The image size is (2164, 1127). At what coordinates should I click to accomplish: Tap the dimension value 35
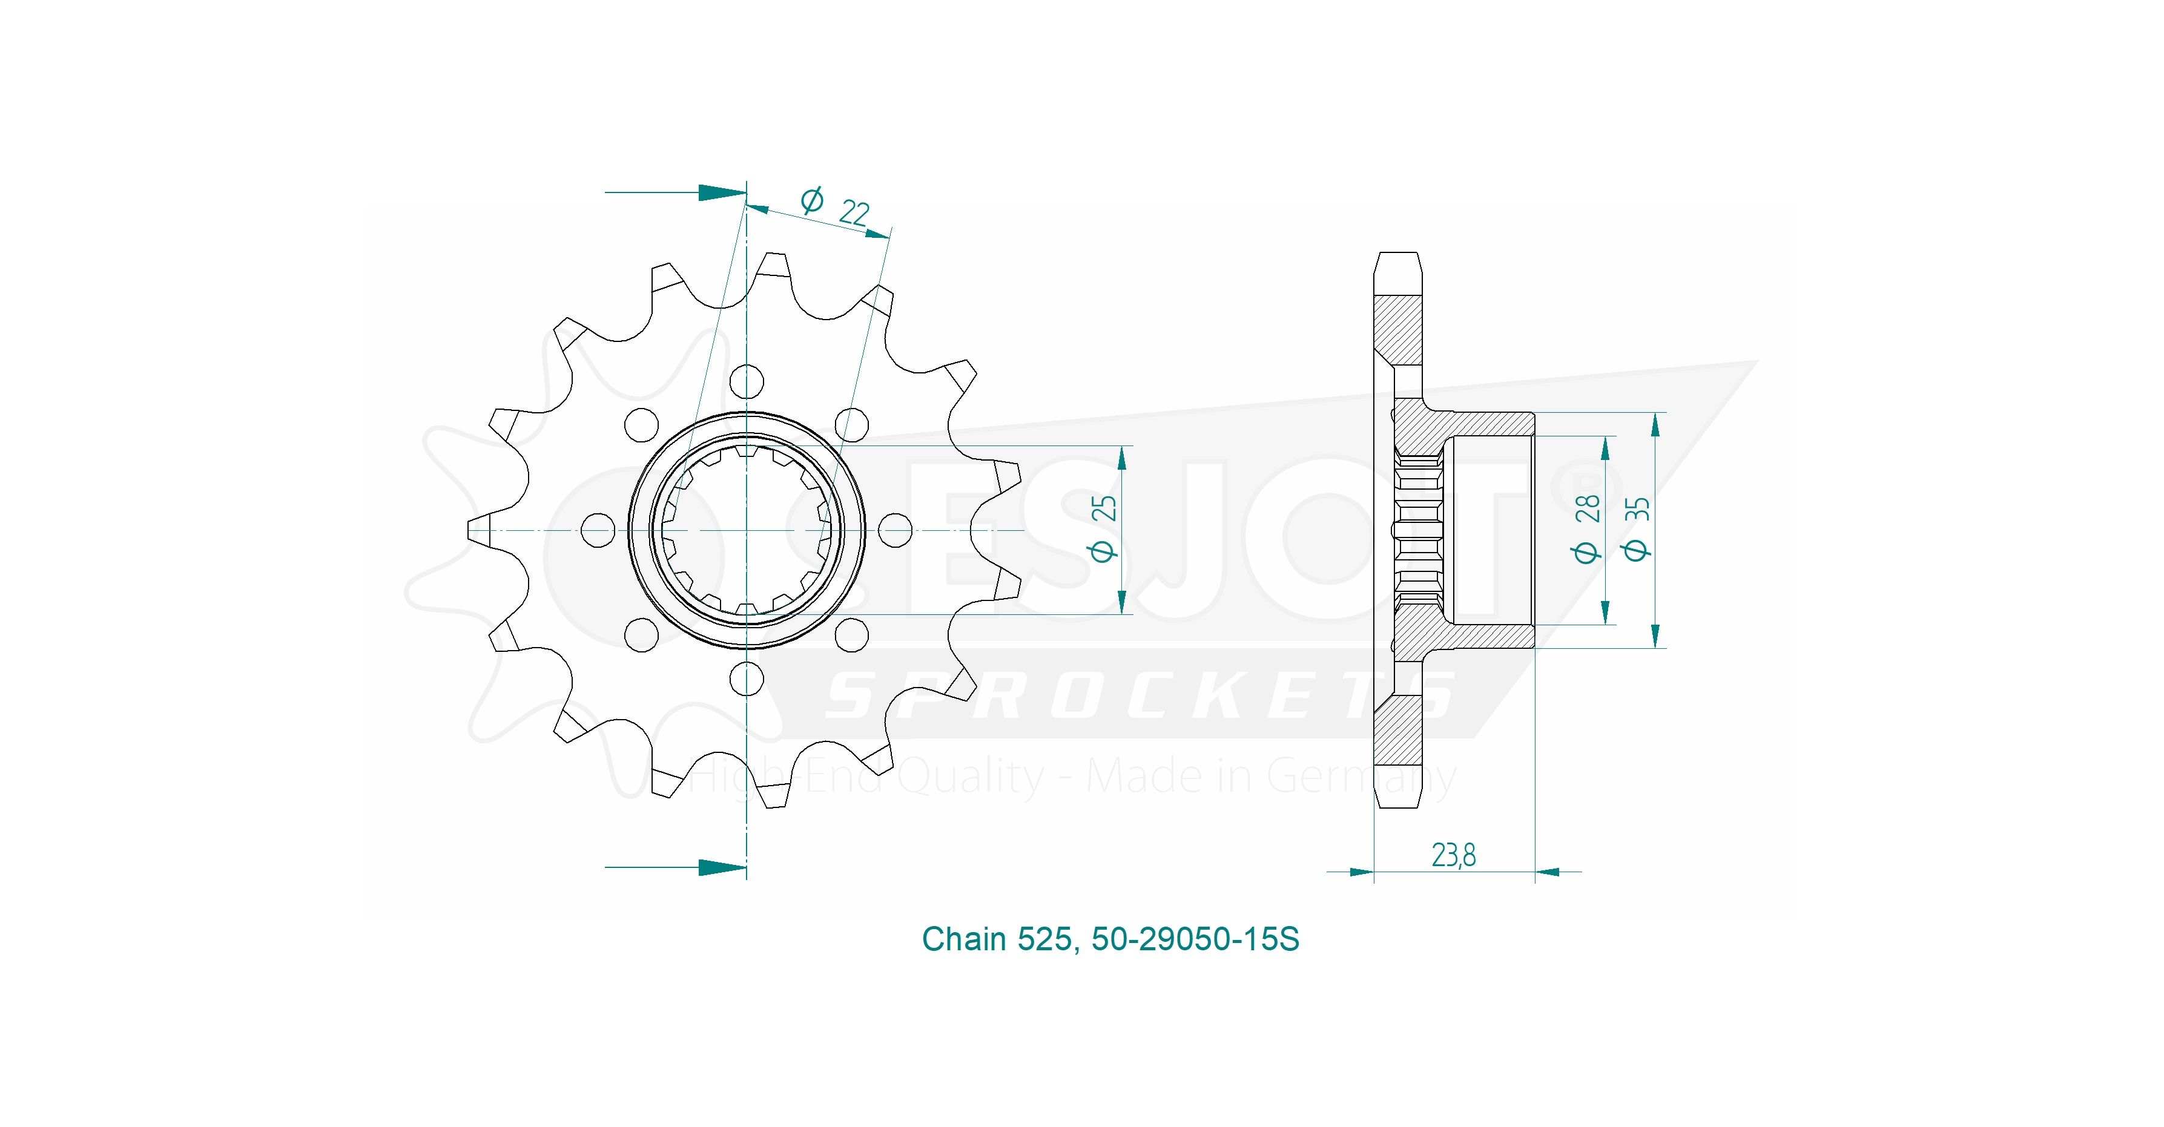(1638, 509)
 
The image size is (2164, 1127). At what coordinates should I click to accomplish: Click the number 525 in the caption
(1044, 939)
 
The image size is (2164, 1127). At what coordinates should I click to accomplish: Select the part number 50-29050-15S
(1195, 939)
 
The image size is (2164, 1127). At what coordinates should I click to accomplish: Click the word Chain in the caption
(965, 939)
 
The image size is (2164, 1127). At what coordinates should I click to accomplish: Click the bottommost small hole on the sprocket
(746, 678)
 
